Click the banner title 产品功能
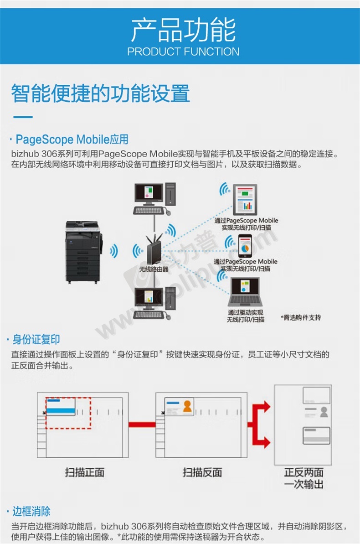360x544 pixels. point(183,30)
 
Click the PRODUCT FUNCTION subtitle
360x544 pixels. point(183,52)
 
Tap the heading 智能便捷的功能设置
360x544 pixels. point(100,93)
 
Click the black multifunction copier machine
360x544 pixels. point(83,251)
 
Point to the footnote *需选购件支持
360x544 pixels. point(301,317)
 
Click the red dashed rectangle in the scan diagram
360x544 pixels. point(68,413)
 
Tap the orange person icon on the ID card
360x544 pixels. point(187,406)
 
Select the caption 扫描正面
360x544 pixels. point(84,472)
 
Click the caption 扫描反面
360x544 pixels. point(202,472)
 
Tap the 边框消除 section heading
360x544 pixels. point(31,511)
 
